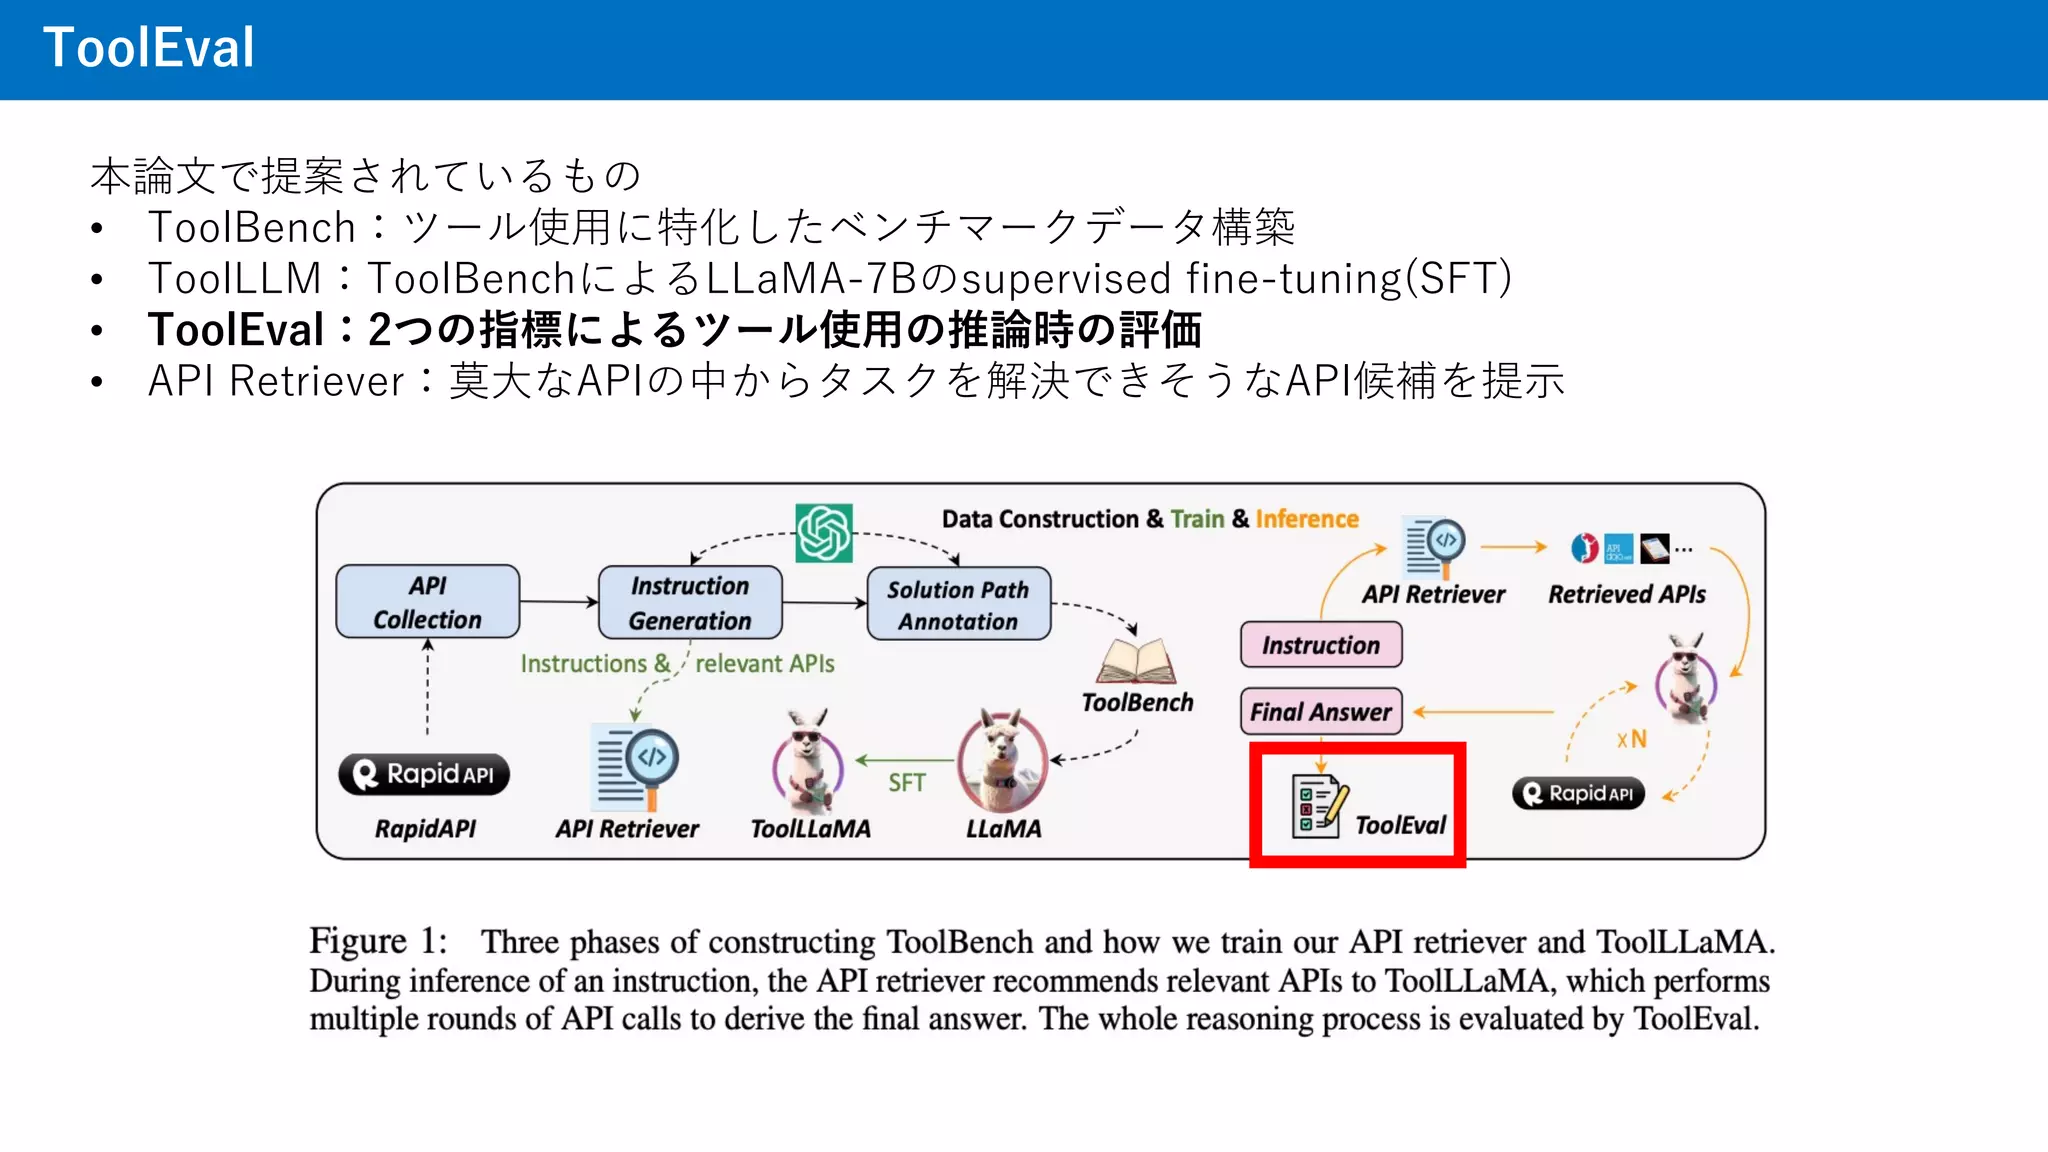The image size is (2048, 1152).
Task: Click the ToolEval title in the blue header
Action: tap(149, 48)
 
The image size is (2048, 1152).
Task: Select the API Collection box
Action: tap(428, 602)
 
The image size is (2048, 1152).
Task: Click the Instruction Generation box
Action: tap(690, 603)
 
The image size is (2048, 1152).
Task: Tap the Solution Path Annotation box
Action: tap(958, 605)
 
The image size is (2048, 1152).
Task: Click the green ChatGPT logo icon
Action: tap(824, 533)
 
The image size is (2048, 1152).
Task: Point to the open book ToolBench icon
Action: tap(1136, 662)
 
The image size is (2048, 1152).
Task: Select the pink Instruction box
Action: tap(1321, 645)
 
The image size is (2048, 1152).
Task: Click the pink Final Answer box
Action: tap(1321, 712)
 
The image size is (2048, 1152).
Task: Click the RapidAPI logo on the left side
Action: tap(424, 775)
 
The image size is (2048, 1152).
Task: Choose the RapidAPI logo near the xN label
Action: tap(1578, 794)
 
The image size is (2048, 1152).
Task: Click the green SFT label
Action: tap(907, 783)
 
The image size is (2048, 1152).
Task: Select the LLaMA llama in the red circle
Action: tap(1003, 762)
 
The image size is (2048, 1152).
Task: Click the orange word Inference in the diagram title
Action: tap(1307, 519)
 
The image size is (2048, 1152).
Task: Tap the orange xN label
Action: tap(1631, 740)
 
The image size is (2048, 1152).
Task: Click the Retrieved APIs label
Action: tap(1627, 594)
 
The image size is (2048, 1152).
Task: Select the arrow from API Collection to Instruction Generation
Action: tap(558, 602)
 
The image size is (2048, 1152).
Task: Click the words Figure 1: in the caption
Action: tap(377, 942)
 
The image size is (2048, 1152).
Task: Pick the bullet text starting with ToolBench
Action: tap(720, 228)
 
